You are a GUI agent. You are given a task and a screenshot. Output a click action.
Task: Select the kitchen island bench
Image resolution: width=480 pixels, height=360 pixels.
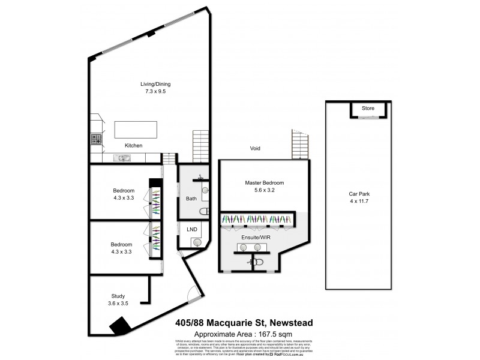137,129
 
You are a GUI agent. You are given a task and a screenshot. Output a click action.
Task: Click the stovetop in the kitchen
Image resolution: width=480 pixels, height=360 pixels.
96,139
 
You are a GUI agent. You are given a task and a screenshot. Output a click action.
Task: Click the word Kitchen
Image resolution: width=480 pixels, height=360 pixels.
133,146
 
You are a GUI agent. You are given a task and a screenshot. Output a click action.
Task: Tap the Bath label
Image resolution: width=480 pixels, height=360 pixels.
191,198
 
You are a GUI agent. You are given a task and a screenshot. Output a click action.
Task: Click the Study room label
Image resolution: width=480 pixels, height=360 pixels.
118,295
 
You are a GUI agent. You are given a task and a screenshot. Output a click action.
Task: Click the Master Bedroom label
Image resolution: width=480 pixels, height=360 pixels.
264,182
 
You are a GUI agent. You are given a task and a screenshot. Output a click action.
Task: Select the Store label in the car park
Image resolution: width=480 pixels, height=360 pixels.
368,109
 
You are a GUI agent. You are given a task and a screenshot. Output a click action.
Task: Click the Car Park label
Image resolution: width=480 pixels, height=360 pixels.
361,194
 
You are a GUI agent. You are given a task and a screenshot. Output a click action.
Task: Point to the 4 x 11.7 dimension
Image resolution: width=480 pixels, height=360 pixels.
361,202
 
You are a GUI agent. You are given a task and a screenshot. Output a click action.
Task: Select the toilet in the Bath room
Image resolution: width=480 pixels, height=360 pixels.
204,211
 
